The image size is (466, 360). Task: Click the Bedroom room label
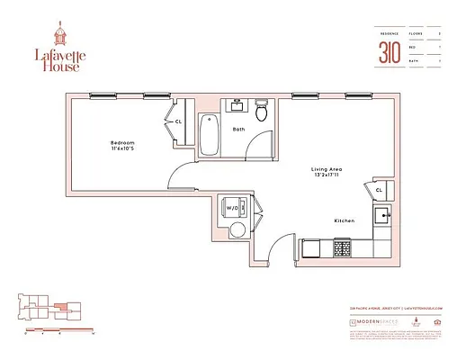coord(123,142)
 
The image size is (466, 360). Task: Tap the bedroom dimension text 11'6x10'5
coord(123,149)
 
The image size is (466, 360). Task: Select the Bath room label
coord(237,130)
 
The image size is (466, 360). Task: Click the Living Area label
coord(323,168)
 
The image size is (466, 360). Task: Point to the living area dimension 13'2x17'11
coord(323,175)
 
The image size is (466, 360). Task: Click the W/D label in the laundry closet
coord(232,208)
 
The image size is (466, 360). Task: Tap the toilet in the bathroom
coord(261,113)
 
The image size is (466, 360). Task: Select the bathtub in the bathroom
coord(207,136)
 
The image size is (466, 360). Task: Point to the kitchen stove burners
coord(343,245)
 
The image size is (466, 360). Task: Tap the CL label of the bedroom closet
coord(178,121)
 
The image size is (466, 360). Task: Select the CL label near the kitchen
coord(379,191)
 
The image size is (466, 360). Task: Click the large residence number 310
coord(389,51)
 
